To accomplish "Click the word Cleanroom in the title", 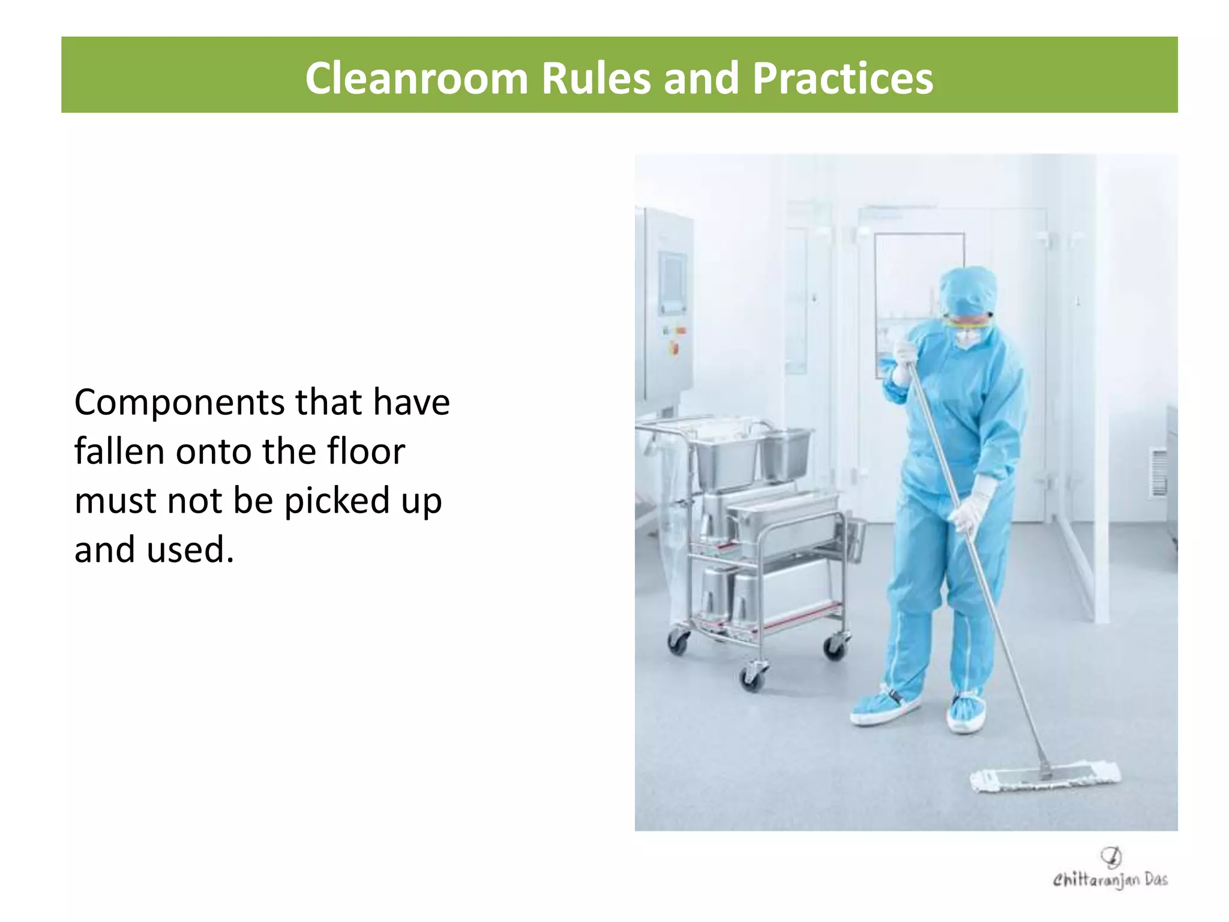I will pyautogui.click(x=416, y=79).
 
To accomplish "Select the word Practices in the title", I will pyautogui.click(x=843, y=79).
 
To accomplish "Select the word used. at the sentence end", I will pyautogui.click(x=190, y=550).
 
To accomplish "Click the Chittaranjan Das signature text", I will pyautogui.click(x=1110, y=880).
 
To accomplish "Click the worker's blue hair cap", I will pyautogui.click(x=967, y=290).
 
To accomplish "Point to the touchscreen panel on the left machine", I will pyautogui.click(x=673, y=282).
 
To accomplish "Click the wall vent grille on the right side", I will pyautogui.click(x=1158, y=472).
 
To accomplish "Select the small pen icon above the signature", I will pyautogui.click(x=1111, y=856).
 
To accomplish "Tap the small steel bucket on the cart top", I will pyautogui.click(x=786, y=453).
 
